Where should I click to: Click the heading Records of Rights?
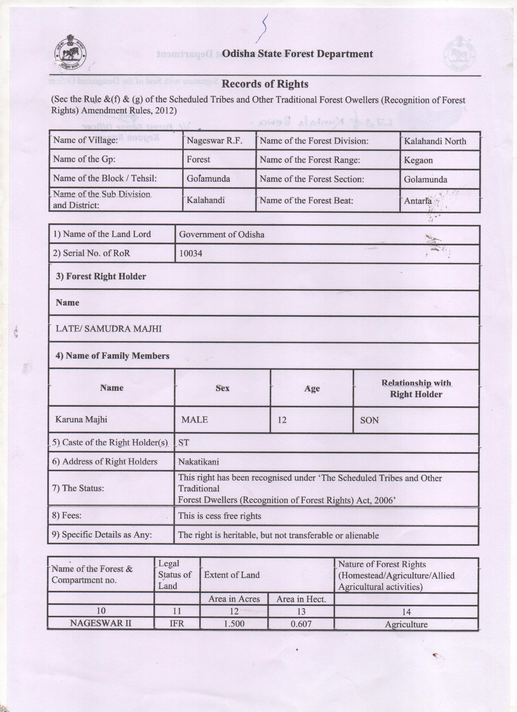265,84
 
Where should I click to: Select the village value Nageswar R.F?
215,140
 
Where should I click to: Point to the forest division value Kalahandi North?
435,141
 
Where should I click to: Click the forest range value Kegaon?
418,160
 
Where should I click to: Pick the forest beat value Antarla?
417,201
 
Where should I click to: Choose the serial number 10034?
191,253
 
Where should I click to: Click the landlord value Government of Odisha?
221,234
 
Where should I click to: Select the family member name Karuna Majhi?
81,419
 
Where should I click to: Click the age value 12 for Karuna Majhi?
282,420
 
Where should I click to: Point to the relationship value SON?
369,420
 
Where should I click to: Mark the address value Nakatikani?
198,462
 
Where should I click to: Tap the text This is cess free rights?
220,516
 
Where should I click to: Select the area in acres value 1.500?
234,624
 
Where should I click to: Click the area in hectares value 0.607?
301,624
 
